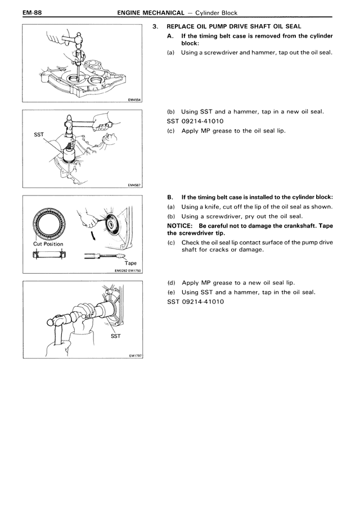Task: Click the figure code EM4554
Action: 134,101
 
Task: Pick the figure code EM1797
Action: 134,355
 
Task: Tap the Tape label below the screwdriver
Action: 130,262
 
